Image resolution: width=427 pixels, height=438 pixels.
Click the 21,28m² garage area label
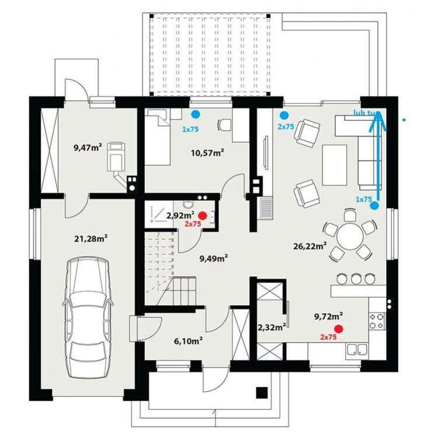click(91, 238)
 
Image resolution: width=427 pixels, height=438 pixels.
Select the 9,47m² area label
click(88, 147)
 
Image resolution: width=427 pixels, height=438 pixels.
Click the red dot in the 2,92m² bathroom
click(203, 215)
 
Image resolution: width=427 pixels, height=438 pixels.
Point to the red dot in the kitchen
click(339, 329)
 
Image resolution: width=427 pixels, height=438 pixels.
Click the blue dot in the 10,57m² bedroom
click(195, 114)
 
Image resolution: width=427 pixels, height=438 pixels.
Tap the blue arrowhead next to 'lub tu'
click(379, 121)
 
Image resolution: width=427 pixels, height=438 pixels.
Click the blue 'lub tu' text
click(364, 112)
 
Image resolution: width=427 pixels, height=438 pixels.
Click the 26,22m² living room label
click(310, 246)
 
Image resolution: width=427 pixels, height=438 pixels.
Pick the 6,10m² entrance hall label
click(188, 341)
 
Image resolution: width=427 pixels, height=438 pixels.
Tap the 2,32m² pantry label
click(272, 327)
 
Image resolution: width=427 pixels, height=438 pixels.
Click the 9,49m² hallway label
click(214, 258)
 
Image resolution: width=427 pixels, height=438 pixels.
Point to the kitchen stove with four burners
click(376, 321)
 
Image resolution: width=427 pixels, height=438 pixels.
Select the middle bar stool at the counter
click(356, 279)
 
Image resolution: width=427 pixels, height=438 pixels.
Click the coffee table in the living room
click(335, 165)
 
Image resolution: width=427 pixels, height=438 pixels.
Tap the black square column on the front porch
click(262, 392)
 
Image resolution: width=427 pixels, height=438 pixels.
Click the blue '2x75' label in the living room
click(286, 127)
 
